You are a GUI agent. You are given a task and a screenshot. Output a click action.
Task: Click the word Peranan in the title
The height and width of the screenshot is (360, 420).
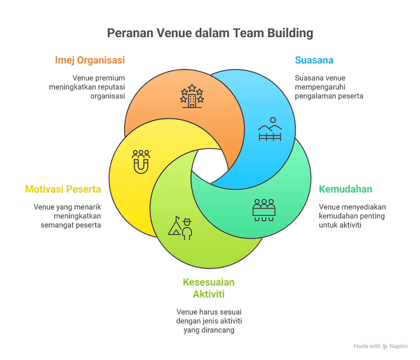[131, 33]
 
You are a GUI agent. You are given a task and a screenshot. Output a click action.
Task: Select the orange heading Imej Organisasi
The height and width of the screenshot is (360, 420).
[90, 60]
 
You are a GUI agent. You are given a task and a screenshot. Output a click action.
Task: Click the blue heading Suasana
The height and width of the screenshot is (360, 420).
[314, 60]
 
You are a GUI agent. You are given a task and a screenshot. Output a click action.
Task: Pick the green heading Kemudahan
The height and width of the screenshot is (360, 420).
[345, 189]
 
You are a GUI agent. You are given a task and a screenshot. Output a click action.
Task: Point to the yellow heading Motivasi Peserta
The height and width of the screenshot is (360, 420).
[63, 189]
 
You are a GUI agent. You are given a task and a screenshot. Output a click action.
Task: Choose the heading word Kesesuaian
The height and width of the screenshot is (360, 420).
[209, 282]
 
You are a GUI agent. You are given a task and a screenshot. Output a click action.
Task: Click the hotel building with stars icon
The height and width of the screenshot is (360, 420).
[192, 96]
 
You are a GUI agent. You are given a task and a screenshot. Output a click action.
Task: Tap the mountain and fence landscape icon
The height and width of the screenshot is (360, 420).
[270, 129]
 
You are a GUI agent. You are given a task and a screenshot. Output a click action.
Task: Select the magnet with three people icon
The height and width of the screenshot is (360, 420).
[141, 161]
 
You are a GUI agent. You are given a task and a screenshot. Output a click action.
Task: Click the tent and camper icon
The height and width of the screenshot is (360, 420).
[180, 228]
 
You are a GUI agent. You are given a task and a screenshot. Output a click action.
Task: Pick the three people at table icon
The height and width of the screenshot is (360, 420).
[264, 210]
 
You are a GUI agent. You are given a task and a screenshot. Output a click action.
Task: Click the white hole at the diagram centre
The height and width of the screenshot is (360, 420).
[210, 166]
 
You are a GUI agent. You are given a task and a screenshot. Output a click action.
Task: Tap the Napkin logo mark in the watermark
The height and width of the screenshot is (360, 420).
[385, 346]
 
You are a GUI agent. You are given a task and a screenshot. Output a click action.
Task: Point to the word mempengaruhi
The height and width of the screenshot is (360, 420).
[320, 88]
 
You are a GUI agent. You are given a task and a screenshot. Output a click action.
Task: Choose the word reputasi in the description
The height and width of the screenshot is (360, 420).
[112, 88]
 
